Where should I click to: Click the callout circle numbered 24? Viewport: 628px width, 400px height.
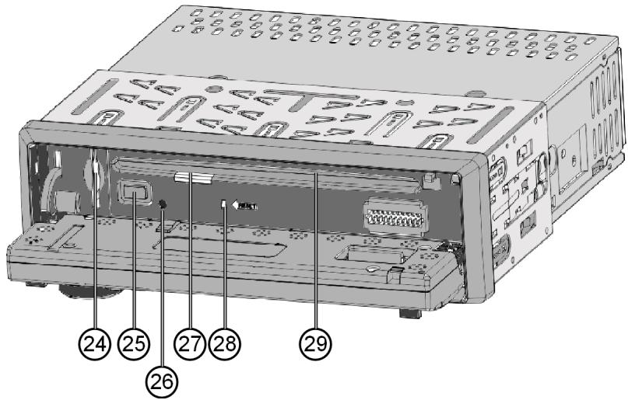pos(97,341)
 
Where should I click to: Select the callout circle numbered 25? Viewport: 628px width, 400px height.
pos(132,341)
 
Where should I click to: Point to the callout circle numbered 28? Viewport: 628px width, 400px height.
pos(226,341)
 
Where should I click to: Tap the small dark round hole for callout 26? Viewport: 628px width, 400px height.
pos(163,205)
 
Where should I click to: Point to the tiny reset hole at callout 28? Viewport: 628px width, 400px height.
pos(223,206)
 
